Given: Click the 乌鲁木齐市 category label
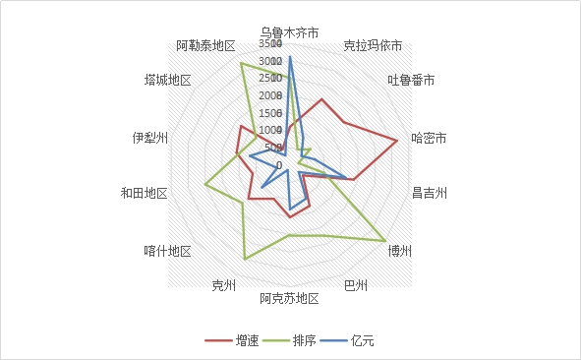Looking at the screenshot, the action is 290,32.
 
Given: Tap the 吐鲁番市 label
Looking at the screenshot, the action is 411,80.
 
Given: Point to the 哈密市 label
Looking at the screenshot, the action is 430,139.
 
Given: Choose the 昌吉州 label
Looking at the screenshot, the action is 430,193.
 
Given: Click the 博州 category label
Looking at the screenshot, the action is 400,250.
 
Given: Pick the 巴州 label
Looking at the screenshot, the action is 356,285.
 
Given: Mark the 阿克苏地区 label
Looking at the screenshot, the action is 290,299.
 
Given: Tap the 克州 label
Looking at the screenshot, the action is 224,285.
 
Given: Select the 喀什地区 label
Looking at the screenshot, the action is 167,250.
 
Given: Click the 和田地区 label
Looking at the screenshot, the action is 144,193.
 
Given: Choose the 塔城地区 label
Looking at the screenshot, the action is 166,80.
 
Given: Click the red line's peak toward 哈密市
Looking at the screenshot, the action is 397,141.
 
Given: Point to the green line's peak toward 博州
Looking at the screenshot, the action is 384,241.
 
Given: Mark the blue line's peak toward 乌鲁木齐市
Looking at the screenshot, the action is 290,57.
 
